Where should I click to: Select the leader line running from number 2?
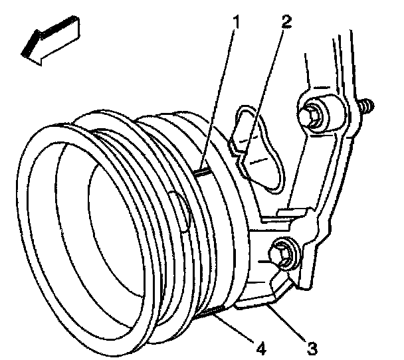point(264,80)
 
